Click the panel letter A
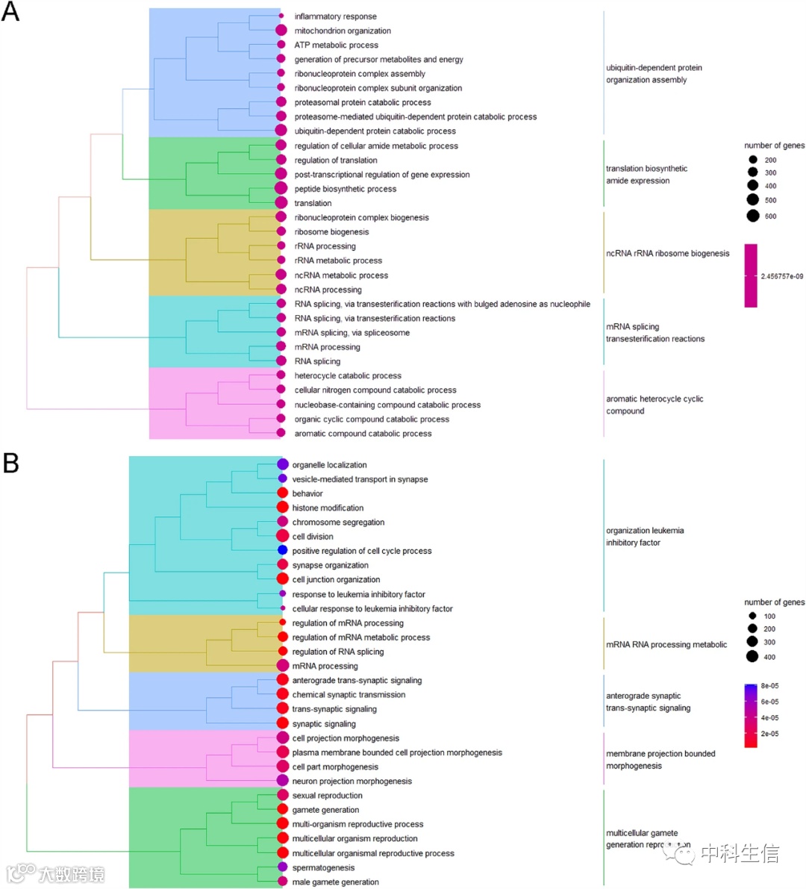[x=10, y=13]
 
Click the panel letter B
[x=10, y=463]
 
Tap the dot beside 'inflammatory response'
[x=281, y=16]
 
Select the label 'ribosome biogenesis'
[x=331, y=232]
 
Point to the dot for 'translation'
[x=281, y=203]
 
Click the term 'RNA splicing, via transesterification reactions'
[x=375, y=318]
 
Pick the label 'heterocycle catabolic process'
[x=348, y=376]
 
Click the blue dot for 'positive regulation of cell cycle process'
[x=282, y=550]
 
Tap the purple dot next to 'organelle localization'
[x=282, y=464]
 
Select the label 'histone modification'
[x=328, y=508]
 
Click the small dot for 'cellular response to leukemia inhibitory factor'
[x=282, y=608]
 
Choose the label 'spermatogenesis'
[x=323, y=867]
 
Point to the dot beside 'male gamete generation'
[x=282, y=882]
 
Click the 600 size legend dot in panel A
[x=752, y=216]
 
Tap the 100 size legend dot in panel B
[x=752, y=616]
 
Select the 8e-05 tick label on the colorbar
[x=769, y=686]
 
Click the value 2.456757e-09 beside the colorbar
[x=782, y=276]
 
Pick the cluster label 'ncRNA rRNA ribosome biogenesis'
[x=667, y=254]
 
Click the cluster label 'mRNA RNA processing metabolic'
[x=666, y=644]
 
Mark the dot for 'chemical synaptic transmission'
[x=282, y=694]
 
